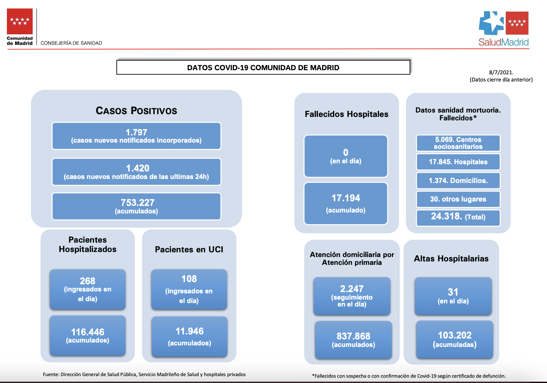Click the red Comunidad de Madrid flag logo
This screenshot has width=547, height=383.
point(20,21)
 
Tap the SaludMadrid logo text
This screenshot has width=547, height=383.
point(503,42)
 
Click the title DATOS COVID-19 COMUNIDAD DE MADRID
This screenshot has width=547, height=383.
point(263,68)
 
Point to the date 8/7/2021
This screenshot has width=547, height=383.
point(501,72)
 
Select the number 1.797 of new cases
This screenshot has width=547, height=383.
point(136,132)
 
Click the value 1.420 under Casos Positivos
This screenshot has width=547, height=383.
point(138,168)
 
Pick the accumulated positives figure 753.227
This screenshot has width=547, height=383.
point(138,203)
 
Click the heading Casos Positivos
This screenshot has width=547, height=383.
point(136,111)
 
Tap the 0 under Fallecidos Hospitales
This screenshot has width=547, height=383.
point(346,152)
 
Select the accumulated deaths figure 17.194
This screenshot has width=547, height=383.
point(346,198)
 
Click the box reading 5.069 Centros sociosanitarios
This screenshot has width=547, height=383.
point(458,143)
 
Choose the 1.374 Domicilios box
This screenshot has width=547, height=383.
point(458,181)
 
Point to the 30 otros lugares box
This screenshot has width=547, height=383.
point(458,199)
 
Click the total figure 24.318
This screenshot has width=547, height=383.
point(446,216)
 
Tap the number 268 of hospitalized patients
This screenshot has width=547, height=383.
point(87,281)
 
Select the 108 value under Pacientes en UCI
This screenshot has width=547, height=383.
point(189,279)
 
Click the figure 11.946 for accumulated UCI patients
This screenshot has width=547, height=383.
point(190,331)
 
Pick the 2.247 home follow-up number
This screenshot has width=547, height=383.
point(352,289)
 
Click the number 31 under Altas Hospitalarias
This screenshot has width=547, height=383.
point(453,292)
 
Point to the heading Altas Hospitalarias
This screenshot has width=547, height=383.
point(451,259)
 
